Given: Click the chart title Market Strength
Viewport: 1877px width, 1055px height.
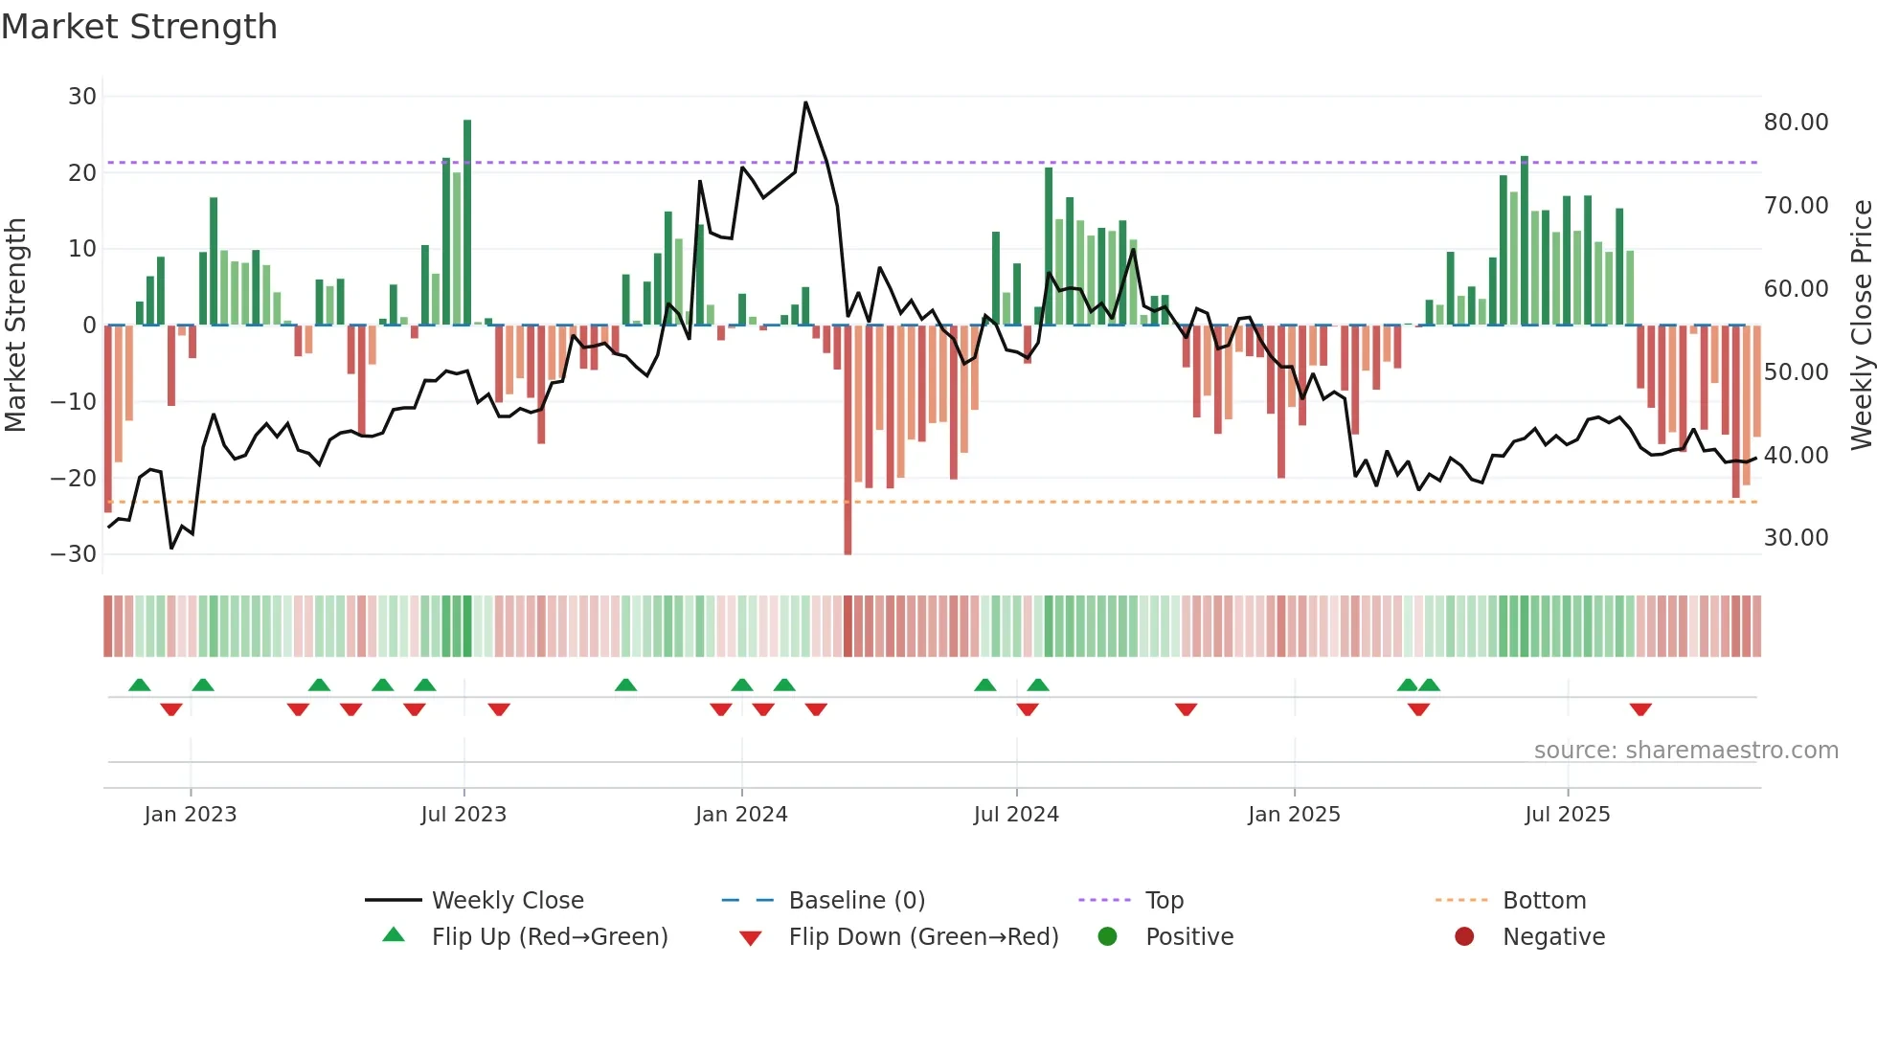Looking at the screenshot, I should (x=139, y=27).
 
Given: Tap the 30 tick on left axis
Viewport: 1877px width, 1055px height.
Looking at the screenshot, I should (x=82, y=97).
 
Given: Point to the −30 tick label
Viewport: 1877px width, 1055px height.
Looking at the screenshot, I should (x=74, y=554).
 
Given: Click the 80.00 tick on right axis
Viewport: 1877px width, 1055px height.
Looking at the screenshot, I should (x=1796, y=123).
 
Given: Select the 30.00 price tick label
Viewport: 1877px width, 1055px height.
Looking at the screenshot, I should (x=1796, y=538).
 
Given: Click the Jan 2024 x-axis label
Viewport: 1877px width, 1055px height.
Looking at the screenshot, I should (x=741, y=815).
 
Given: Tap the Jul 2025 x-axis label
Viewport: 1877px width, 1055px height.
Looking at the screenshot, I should (x=1567, y=815).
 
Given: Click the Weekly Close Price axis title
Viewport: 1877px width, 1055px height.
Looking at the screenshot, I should (x=1861, y=325).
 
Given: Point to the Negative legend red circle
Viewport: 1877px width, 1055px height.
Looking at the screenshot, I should (x=1464, y=937).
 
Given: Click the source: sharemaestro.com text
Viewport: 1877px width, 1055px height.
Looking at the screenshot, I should (x=1685, y=751).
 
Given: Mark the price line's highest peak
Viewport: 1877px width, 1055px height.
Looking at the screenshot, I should (x=805, y=102).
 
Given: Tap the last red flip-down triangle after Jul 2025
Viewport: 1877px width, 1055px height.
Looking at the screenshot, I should (x=1640, y=709).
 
